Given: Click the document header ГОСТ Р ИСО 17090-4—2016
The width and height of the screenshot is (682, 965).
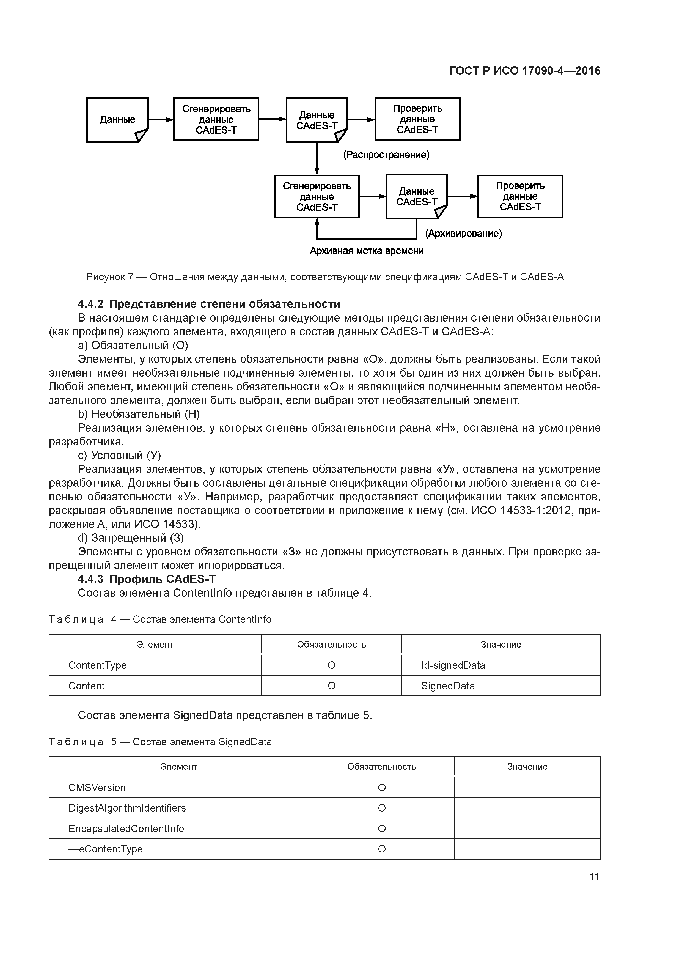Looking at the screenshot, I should click(x=524, y=71).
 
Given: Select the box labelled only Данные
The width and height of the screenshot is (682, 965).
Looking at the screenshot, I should click(x=117, y=120).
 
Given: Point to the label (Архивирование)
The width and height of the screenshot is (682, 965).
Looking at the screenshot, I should click(x=463, y=234).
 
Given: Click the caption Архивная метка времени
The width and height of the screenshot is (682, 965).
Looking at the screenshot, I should click(x=366, y=251).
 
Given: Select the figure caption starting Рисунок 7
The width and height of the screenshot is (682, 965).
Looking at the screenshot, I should click(x=325, y=277).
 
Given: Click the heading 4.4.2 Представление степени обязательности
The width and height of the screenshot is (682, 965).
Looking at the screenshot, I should click(x=209, y=304).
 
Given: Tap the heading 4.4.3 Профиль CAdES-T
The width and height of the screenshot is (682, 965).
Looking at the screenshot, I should click(x=147, y=579).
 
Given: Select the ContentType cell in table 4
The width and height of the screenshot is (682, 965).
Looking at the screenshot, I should click(x=98, y=665).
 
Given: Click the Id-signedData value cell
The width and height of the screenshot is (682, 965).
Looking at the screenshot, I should click(x=453, y=665).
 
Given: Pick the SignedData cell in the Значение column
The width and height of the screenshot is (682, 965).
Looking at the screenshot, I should click(x=448, y=686).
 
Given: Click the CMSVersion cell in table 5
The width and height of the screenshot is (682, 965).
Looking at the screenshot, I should click(x=97, y=788).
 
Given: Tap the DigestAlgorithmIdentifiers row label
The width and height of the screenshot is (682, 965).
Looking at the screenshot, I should click(x=127, y=808).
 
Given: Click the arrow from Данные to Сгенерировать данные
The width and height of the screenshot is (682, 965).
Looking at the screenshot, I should click(x=161, y=120).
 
